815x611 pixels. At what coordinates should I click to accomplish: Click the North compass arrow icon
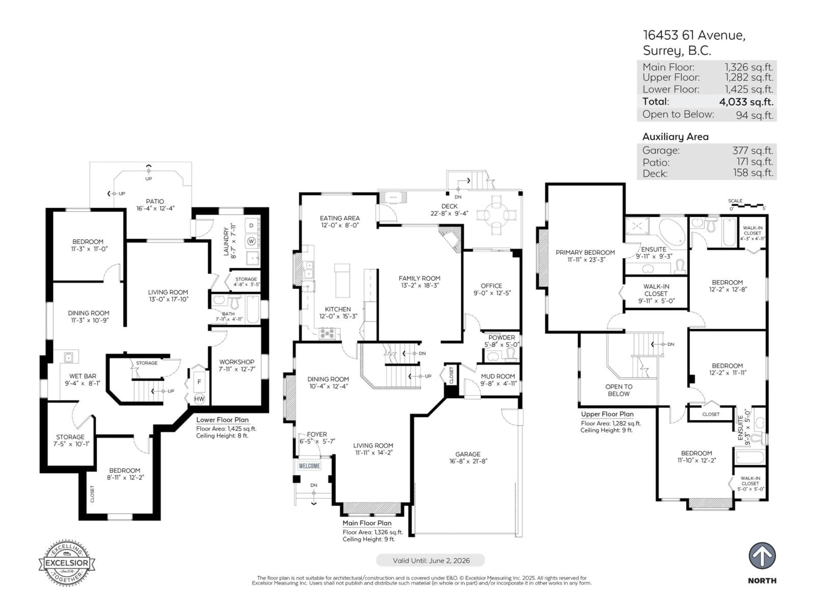pyautogui.click(x=762, y=555)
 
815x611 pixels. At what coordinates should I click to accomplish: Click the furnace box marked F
pyautogui.click(x=199, y=381)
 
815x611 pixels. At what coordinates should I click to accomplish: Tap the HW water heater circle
pyautogui.click(x=199, y=398)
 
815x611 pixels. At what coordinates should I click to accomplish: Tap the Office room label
pyautogui.click(x=491, y=286)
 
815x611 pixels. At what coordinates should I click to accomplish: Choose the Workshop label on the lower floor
pyautogui.click(x=237, y=362)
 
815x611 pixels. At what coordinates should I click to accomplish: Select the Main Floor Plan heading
pyautogui.click(x=367, y=523)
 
